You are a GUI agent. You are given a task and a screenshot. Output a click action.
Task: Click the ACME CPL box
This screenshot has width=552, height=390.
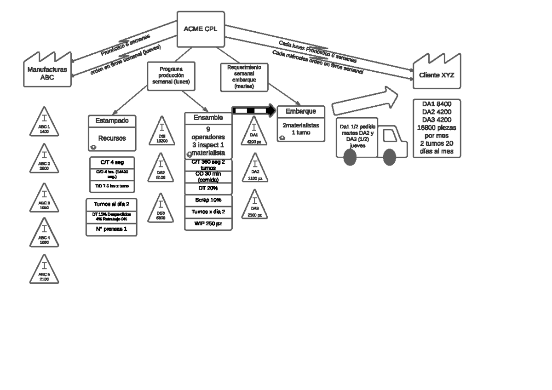[201, 29]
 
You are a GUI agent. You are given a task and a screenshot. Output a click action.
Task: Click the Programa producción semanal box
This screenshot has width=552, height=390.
[171, 75]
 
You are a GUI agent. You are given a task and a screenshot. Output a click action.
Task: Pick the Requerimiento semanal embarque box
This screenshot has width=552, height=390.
[244, 76]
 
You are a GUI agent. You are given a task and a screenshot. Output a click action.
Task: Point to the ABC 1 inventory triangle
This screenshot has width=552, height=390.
[44, 123]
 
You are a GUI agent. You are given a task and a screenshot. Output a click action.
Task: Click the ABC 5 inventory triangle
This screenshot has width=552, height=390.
[44, 271]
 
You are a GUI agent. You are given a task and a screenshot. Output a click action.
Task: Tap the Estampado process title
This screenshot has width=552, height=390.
[112, 120]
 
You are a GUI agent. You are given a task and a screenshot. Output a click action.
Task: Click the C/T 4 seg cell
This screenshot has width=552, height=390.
[112, 162]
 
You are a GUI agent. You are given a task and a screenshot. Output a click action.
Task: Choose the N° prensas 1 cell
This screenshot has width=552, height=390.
[112, 229]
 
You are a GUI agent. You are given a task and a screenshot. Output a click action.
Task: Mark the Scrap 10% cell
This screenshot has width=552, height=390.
[208, 201]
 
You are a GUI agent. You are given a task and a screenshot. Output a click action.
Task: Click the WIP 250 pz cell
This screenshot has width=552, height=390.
[208, 224]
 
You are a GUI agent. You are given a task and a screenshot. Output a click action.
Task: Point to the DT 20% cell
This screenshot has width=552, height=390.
[208, 189]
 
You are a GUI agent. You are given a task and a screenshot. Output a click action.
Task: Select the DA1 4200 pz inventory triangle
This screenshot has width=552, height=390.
[254, 134]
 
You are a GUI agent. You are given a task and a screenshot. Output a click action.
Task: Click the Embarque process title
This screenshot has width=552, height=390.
[301, 112]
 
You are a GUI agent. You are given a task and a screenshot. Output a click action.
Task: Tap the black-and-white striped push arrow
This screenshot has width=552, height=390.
[253, 110]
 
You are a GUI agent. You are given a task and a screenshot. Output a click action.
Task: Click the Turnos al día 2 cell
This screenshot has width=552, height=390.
[112, 204]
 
